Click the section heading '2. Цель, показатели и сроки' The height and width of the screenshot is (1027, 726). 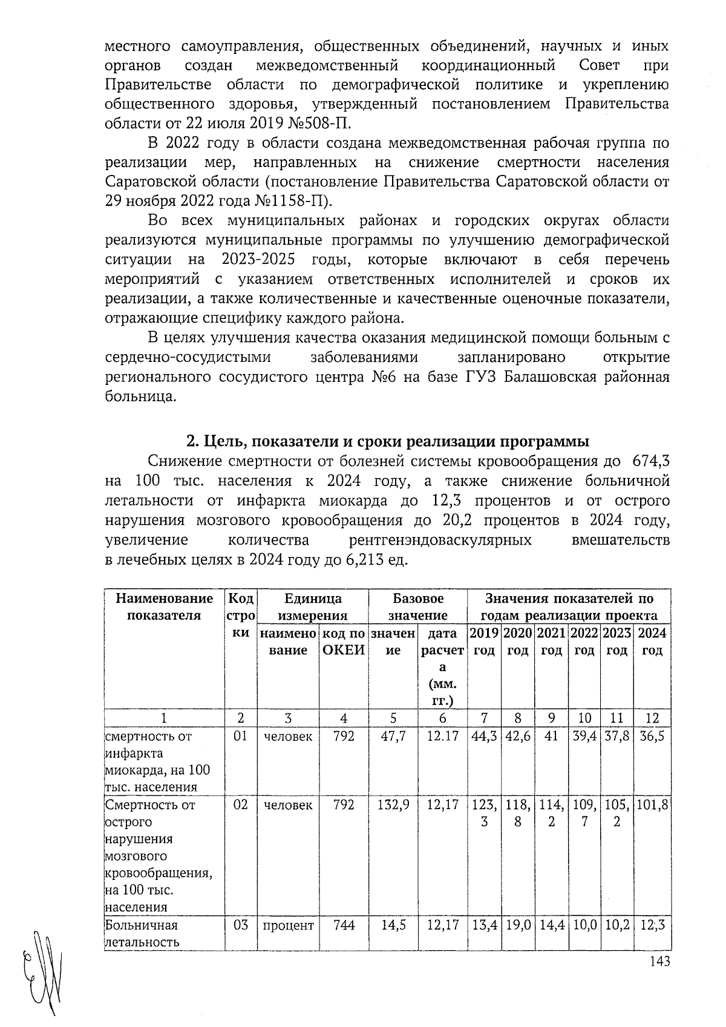[x=387, y=441]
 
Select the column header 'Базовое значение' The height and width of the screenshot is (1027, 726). [x=417, y=607]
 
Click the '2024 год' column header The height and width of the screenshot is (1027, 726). [x=652, y=641]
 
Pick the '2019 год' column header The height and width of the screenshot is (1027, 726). [x=484, y=641]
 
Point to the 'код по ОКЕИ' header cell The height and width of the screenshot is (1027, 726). [x=343, y=641]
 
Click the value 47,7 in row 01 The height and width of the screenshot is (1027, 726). [x=393, y=737]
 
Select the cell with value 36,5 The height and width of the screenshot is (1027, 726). [x=652, y=737]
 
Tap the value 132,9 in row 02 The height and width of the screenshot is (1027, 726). [x=393, y=805]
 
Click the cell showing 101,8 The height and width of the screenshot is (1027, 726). [x=652, y=805]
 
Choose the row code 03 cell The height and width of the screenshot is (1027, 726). [x=241, y=925]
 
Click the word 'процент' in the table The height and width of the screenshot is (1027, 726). [x=288, y=925]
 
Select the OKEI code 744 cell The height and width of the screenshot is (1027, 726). [x=344, y=925]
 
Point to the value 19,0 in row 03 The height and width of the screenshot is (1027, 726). [x=517, y=925]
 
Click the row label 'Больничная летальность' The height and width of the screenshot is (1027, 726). [x=142, y=934]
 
